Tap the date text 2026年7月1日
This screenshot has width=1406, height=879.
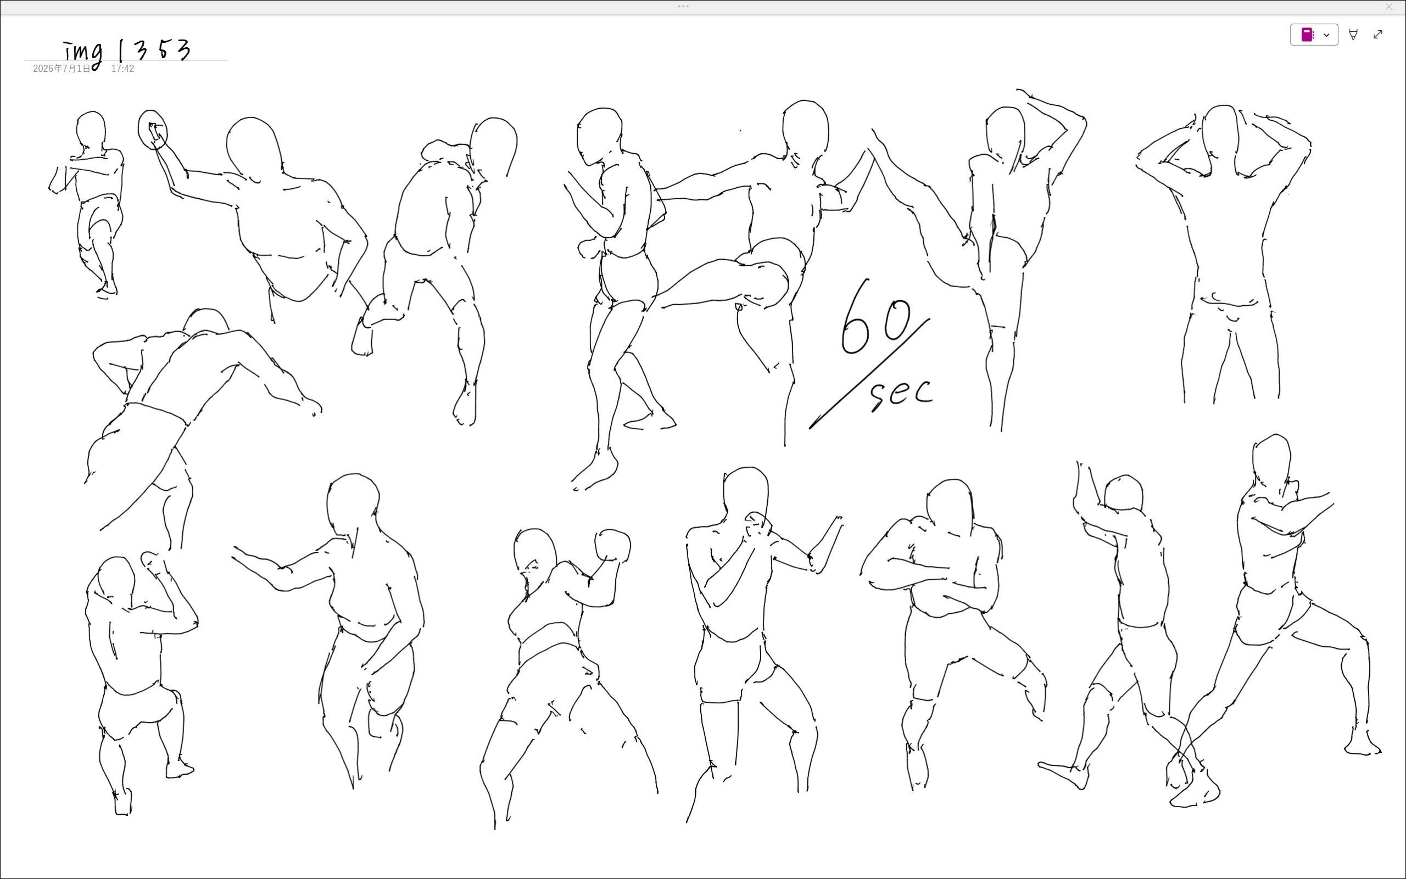click(x=62, y=69)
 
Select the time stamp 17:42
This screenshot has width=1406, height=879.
click(x=122, y=69)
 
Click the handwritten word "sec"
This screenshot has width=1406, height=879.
click(x=901, y=394)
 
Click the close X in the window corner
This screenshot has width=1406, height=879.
click(x=1389, y=7)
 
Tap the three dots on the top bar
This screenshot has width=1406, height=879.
click(x=683, y=7)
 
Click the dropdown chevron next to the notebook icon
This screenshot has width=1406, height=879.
click(x=1326, y=35)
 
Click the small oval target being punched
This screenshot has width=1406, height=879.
click(x=152, y=130)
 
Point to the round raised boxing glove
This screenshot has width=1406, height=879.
click(x=612, y=545)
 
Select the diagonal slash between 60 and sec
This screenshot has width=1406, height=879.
click(x=869, y=374)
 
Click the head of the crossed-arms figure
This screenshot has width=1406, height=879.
click(x=949, y=506)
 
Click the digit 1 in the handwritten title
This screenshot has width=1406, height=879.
click(x=120, y=51)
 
